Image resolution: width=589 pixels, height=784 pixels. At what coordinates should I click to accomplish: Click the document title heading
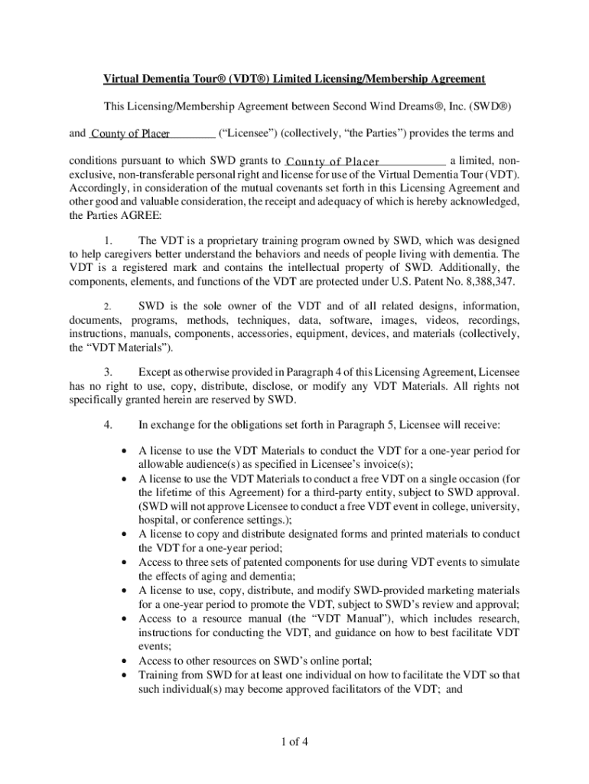click(x=294, y=79)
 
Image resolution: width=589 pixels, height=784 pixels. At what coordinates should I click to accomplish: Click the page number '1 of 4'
click(x=294, y=742)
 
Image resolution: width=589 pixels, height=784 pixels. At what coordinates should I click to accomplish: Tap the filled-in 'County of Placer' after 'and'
click(x=130, y=134)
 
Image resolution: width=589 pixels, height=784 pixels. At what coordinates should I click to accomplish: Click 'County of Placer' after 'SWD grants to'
click(x=333, y=162)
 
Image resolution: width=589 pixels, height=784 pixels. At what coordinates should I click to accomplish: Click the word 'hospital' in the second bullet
click(x=158, y=520)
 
